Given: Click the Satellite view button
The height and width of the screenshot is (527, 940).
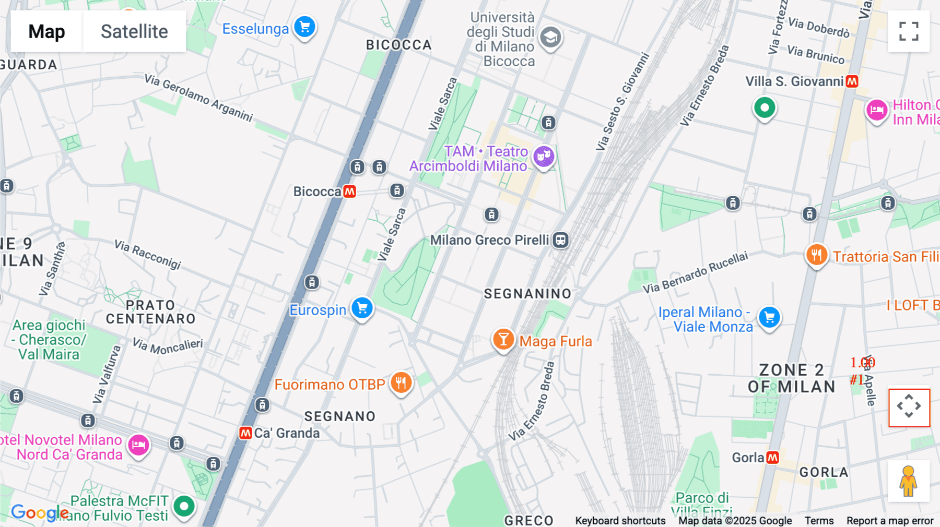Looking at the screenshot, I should pyautogui.click(x=134, y=31).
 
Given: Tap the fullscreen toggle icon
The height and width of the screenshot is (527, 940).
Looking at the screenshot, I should pyautogui.click(x=909, y=31).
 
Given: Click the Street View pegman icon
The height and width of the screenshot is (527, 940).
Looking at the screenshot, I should pyautogui.click(x=909, y=481).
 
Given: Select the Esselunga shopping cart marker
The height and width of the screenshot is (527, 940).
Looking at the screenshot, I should pyautogui.click(x=304, y=27).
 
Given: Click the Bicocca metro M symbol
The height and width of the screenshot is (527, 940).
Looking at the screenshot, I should pyautogui.click(x=349, y=191).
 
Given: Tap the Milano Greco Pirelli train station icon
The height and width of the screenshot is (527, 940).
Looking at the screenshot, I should pyautogui.click(x=561, y=240).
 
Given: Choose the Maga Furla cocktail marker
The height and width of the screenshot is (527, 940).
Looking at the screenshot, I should pyautogui.click(x=503, y=339).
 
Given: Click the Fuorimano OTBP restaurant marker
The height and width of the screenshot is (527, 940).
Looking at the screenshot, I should pyautogui.click(x=401, y=383).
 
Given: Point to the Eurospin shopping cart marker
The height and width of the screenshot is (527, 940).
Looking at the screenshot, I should pyautogui.click(x=362, y=308).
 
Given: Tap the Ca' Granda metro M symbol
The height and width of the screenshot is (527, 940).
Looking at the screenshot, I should pyautogui.click(x=245, y=433).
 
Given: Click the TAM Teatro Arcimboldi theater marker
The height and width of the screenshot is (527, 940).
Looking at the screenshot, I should pyautogui.click(x=544, y=155).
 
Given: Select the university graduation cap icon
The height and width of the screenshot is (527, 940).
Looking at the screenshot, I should pyautogui.click(x=550, y=37).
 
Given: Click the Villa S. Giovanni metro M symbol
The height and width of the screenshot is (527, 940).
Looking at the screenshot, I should pyautogui.click(x=852, y=81).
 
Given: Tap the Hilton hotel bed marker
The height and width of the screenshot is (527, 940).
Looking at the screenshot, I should pyautogui.click(x=877, y=110).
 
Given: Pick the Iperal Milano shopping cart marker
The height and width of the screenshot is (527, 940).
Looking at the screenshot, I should pyautogui.click(x=769, y=317).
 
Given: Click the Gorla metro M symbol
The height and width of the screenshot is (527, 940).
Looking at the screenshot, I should pyautogui.click(x=772, y=458).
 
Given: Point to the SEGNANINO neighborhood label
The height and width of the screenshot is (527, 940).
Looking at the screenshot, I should pyautogui.click(x=527, y=294).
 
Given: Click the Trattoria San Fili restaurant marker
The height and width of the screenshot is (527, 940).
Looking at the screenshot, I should pyautogui.click(x=816, y=255).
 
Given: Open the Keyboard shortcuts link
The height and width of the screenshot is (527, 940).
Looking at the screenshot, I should pyautogui.click(x=620, y=521).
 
